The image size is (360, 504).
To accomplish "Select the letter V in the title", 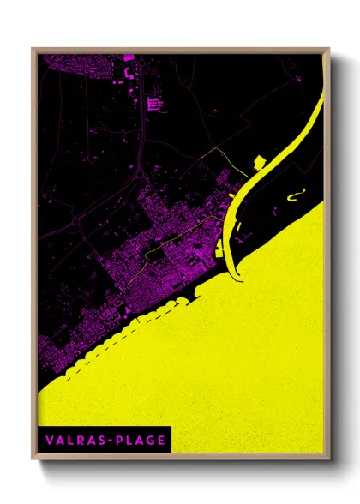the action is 50,440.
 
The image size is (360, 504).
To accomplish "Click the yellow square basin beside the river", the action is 260,163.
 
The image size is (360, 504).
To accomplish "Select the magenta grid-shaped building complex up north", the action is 154,105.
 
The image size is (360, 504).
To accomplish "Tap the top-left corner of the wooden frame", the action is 33,49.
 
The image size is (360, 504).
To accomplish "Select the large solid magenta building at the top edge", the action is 128,58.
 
